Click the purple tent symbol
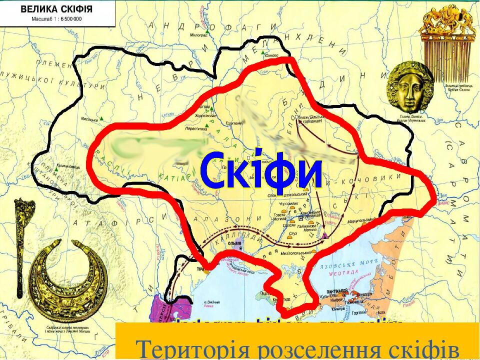click(325, 235)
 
